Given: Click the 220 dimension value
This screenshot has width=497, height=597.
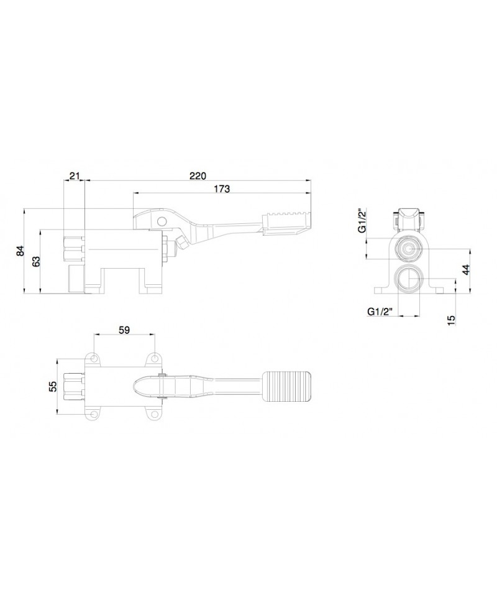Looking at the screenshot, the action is click(198, 176).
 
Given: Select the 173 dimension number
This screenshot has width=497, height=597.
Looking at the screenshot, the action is click(222, 188).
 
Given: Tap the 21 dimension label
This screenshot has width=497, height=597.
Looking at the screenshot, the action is click(75, 176).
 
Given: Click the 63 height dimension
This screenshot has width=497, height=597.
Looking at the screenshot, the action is click(36, 262).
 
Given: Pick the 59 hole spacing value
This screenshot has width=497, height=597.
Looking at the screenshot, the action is click(124, 330).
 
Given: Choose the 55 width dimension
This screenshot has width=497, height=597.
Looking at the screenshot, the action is click(53, 386).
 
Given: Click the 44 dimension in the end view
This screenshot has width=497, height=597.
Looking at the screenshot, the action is click(466, 269).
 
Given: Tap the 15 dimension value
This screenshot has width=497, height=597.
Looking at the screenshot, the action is click(452, 320).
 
